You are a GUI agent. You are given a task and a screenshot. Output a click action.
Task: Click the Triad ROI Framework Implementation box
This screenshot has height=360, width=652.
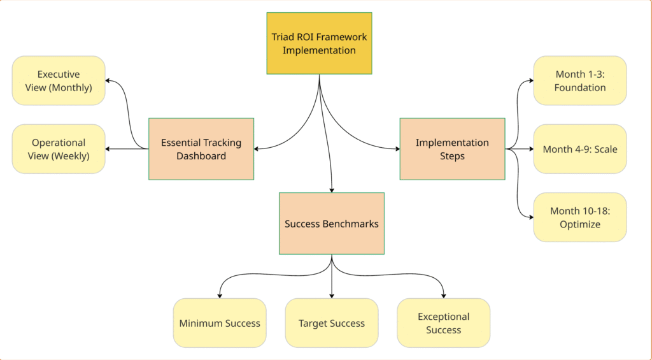[319, 43]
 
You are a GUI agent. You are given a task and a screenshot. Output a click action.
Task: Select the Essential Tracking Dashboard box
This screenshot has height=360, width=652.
[201, 148]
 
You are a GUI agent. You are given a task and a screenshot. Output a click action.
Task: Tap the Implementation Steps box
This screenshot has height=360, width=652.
[452, 148]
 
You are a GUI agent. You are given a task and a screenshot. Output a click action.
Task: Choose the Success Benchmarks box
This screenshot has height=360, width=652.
[332, 224]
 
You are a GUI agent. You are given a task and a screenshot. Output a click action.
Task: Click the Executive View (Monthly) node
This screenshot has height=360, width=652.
[59, 81]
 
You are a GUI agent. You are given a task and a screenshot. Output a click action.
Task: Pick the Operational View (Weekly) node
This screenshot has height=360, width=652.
[59, 149]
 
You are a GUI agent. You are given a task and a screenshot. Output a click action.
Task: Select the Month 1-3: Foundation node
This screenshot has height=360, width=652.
[580, 81]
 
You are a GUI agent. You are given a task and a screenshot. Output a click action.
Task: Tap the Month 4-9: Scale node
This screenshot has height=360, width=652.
[580, 149]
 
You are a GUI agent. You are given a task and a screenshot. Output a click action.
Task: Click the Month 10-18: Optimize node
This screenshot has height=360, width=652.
[580, 217]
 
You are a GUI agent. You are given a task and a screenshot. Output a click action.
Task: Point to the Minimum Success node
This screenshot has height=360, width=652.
[220, 323]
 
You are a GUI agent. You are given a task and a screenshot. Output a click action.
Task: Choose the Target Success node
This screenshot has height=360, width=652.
[332, 323]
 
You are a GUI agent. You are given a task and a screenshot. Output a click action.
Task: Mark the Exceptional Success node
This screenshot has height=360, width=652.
[444, 323]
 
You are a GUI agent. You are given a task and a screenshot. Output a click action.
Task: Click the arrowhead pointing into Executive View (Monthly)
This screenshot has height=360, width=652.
[108, 81]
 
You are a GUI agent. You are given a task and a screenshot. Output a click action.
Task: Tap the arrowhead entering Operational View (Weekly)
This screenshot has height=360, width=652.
[108, 149]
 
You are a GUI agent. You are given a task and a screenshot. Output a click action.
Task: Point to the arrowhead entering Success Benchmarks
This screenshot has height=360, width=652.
[332, 189]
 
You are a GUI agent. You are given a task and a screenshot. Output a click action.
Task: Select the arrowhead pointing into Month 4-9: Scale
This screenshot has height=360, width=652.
[530, 149]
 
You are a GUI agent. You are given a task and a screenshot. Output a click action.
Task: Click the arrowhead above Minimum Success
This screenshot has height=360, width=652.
[220, 295]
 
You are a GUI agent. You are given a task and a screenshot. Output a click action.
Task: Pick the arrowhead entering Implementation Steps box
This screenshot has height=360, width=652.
[396, 149]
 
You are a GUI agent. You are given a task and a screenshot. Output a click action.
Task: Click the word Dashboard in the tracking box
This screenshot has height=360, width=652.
[201, 156]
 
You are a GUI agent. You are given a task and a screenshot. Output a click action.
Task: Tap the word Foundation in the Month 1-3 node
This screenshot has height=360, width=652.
[580, 88]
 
